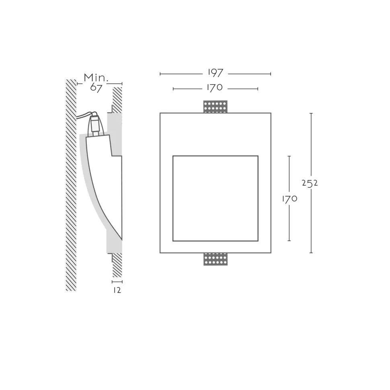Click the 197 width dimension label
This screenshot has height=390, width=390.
point(216,73)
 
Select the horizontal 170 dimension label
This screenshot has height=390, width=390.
point(215,88)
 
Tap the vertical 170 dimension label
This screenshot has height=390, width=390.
point(289,199)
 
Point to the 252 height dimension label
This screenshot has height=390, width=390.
point(310,183)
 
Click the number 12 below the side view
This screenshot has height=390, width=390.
point(117,290)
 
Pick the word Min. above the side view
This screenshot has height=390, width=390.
point(96,78)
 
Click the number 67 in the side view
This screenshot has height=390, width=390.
point(96,88)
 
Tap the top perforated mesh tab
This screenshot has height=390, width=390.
point(216,107)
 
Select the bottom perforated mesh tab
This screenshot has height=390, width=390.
point(216,259)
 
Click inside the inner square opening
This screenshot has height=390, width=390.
point(216,199)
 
